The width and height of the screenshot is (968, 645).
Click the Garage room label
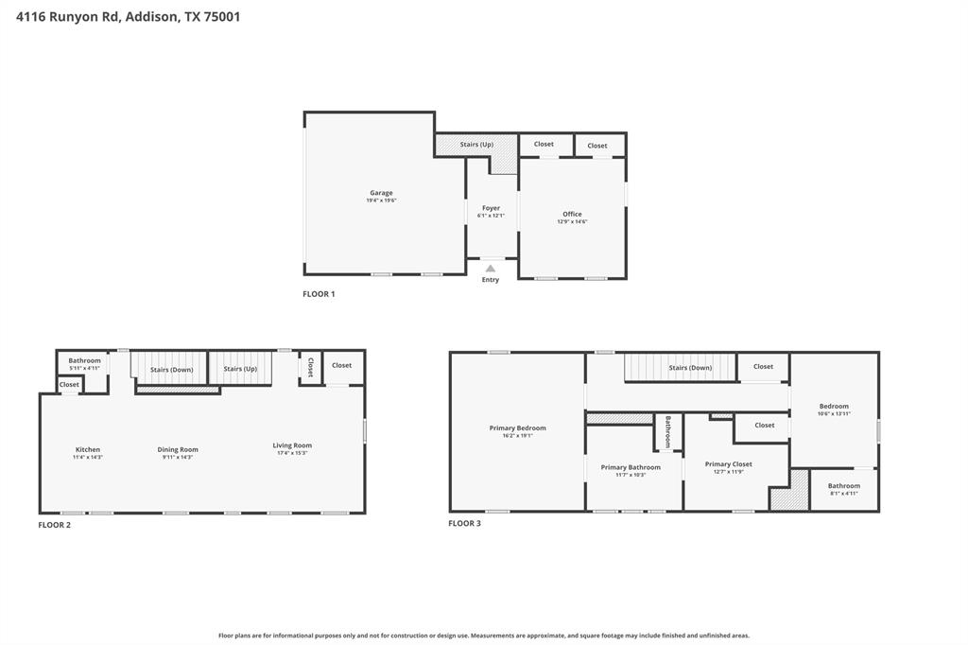pyautogui.click(x=381, y=193)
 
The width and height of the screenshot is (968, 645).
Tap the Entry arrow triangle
pyautogui.click(x=491, y=269)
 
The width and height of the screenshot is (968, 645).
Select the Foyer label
pyautogui.click(x=491, y=208)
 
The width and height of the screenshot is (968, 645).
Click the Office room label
pyautogui.click(x=572, y=214)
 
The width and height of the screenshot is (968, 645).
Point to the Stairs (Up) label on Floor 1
pyautogui.click(x=476, y=145)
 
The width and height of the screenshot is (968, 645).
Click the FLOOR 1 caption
pyautogui.click(x=319, y=294)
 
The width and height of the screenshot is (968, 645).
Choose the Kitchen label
pyautogui.click(x=88, y=449)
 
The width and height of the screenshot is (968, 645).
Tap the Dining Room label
pyautogui.click(x=178, y=449)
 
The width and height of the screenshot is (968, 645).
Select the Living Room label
pyautogui.click(x=292, y=445)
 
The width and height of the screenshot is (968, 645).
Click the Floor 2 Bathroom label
pyautogui.click(x=84, y=360)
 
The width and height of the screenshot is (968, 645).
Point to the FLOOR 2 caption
pyautogui.click(x=54, y=524)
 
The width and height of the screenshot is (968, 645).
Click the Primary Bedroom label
pyautogui.click(x=517, y=428)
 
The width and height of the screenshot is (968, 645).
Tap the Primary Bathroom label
pyautogui.click(x=631, y=467)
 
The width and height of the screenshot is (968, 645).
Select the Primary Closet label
pyautogui.click(x=729, y=464)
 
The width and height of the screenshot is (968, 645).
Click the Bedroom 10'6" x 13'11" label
pyautogui.click(x=833, y=407)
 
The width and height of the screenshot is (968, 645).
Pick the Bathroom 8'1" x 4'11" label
pyautogui.click(x=844, y=486)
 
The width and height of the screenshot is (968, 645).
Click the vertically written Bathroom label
pyautogui.click(x=667, y=431)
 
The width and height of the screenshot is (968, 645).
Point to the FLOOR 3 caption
pyautogui.click(x=464, y=523)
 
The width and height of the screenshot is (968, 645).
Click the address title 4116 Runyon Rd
pyautogui.click(x=65, y=16)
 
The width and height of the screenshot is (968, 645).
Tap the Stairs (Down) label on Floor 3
pyautogui.click(x=690, y=368)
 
